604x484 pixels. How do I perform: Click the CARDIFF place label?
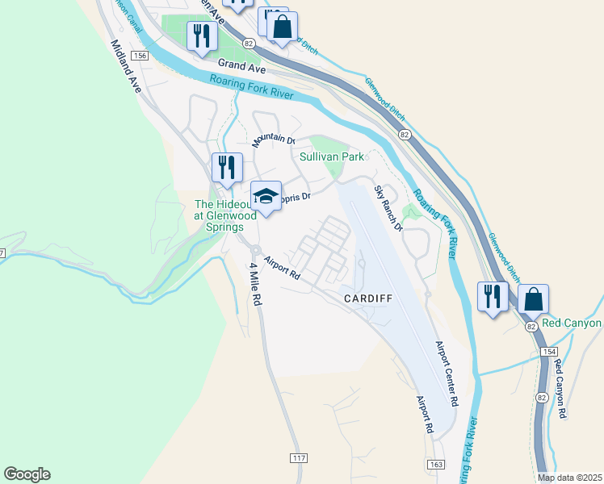tap(367, 298)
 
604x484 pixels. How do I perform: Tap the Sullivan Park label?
tap(332, 156)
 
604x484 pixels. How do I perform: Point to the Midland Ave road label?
tap(126, 66)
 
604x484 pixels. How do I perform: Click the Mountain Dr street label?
tap(273, 140)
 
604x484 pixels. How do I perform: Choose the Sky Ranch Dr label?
tap(388, 207)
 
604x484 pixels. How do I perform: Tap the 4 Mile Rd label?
tap(258, 283)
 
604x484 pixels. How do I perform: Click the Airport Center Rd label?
tap(447, 373)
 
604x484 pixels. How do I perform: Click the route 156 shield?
tap(141, 56)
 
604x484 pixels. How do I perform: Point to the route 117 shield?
tap(298, 457)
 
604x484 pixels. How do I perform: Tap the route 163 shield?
tap(435, 465)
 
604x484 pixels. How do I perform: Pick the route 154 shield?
tap(549, 353)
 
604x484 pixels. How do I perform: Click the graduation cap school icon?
tap(266, 195)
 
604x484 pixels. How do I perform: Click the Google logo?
tap(27, 474)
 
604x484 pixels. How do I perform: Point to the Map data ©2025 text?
tap(569, 478)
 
